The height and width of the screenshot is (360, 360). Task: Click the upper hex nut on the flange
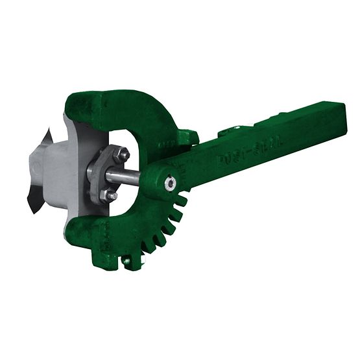point(121,154)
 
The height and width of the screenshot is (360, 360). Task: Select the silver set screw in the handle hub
point(170,184)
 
